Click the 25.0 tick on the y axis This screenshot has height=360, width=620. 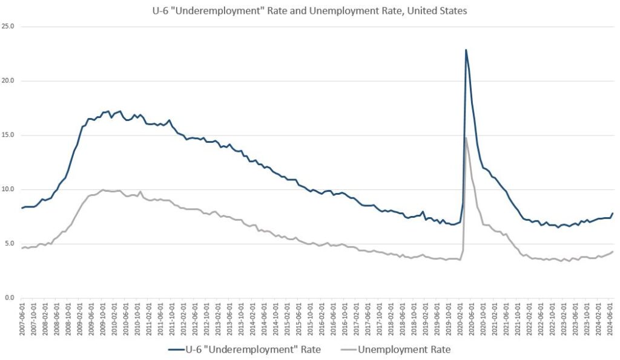click(x=9, y=27)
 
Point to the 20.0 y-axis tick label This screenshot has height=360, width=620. click(x=9, y=81)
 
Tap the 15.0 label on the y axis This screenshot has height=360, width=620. click(x=9, y=135)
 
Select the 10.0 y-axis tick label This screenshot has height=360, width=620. click(x=9, y=189)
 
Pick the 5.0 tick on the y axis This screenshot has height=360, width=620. click(x=10, y=244)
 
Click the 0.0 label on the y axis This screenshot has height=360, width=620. click(x=10, y=298)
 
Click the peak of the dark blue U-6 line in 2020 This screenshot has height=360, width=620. click(x=466, y=50)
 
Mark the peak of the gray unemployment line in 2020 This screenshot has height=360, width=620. click(x=466, y=138)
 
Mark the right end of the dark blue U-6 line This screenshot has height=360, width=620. click(x=613, y=213)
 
